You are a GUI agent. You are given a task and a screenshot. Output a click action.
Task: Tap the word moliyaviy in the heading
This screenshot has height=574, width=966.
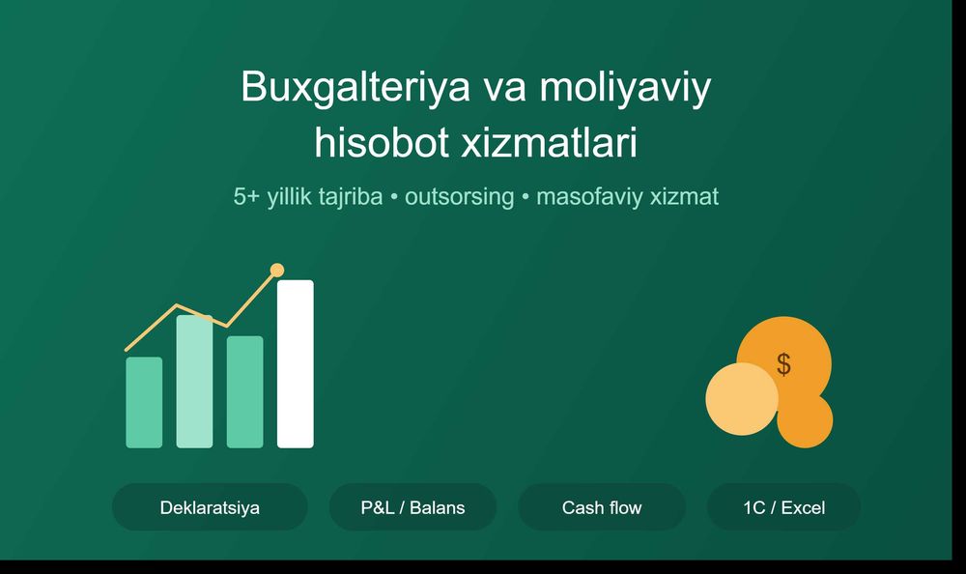(625, 88)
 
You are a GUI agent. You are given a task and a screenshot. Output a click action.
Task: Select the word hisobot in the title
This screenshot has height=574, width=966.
(382, 142)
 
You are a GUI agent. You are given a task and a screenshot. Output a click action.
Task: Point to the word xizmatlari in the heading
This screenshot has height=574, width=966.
(549, 142)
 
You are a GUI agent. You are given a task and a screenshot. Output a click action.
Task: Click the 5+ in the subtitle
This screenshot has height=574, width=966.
(246, 197)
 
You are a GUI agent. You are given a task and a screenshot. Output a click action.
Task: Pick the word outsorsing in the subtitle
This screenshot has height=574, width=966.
(459, 197)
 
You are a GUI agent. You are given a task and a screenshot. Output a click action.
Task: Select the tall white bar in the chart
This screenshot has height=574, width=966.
(295, 363)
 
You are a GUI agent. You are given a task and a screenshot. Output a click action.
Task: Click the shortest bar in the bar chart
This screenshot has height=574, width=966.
(144, 403)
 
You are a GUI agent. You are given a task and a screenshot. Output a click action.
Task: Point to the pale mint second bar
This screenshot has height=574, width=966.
(195, 382)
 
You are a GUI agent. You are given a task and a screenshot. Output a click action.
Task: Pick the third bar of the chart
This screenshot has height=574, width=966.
(245, 392)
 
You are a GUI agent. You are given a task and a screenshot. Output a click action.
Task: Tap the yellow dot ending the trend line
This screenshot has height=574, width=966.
(277, 270)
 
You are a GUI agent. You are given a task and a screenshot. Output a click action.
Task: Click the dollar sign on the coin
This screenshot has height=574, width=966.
(783, 363)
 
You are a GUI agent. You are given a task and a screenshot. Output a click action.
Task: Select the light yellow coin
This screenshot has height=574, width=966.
(742, 399)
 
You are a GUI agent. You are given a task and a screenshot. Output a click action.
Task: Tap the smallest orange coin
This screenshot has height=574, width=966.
(805, 419)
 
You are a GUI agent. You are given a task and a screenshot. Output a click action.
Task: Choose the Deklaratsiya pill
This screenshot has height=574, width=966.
(210, 507)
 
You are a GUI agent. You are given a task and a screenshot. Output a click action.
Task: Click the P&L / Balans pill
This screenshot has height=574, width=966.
(412, 507)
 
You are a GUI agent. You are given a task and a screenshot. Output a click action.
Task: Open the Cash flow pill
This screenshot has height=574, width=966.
(602, 507)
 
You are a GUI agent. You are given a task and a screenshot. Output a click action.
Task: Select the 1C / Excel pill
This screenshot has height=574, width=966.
(783, 507)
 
